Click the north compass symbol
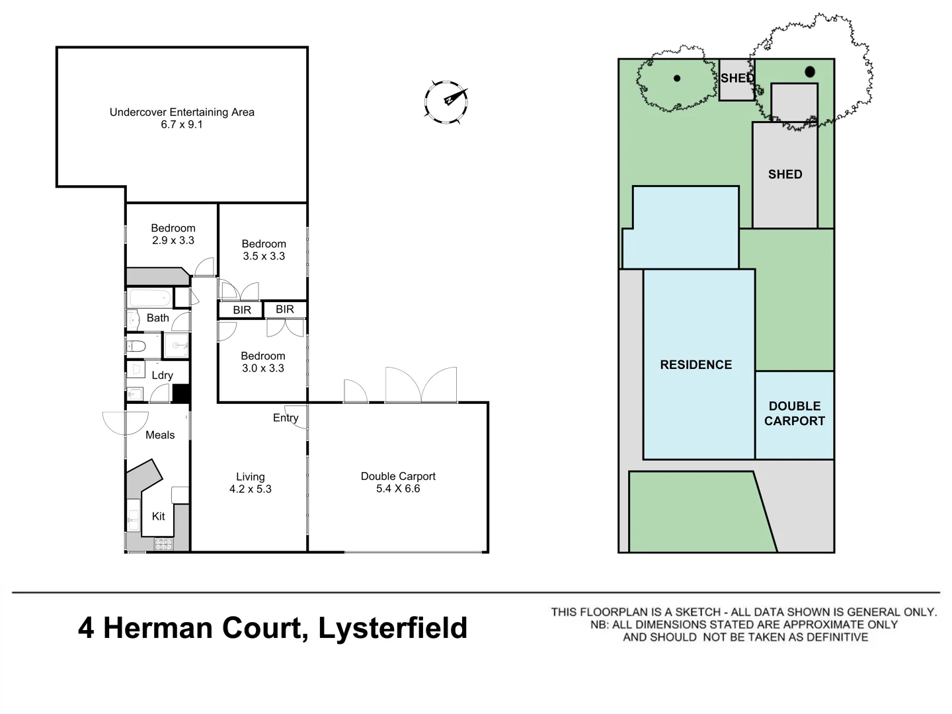(x=446, y=101)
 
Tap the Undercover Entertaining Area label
(x=182, y=118)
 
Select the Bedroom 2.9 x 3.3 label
(x=173, y=234)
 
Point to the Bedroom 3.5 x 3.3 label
(x=264, y=250)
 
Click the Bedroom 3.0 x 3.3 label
(x=263, y=362)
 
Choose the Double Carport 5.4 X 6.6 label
(x=398, y=482)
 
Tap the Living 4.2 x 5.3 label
(x=250, y=483)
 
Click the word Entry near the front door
(x=286, y=418)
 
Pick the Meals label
(x=160, y=435)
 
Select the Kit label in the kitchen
(x=159, y=516)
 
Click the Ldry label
(x=162, y=376)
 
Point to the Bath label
(x=158, y=318)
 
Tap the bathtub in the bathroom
(x=149, y=297)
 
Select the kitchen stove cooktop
(x=163, y=545)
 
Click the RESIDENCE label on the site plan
(x=696, y=365)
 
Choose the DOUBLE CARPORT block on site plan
(x=795, y=414)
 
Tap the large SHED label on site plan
(x=785, y=175)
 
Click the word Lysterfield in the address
(x=393, y=628)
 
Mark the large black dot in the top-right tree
(x=810, y=72)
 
